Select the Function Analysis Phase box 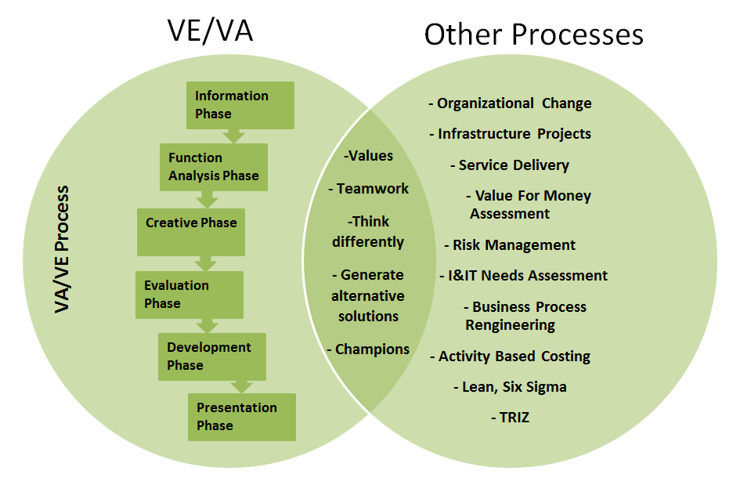tap(213, 167)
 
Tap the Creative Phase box tap(191, 231)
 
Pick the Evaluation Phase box tap(189, 295)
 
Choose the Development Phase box tap(211, 357)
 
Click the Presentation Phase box tap(241, 417)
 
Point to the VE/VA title tap(211, 31)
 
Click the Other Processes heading tap(533, 34)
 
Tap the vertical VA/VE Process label tap(63, 250)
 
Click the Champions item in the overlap tap(368, 349)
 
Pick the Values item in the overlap tap(368, 155)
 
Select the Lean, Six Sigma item tap(510, 387)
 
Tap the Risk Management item tap(510, 245)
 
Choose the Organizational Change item tap(510, 103)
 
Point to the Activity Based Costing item tap(510, 357)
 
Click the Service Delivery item tap(510, 165)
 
